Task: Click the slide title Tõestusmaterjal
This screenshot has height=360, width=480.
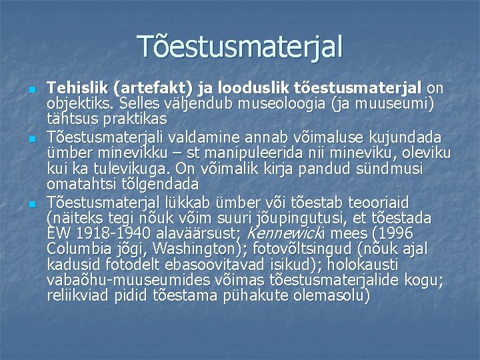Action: (x=240, y=46)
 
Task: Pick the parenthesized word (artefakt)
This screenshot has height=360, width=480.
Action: (x=149, y=89)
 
